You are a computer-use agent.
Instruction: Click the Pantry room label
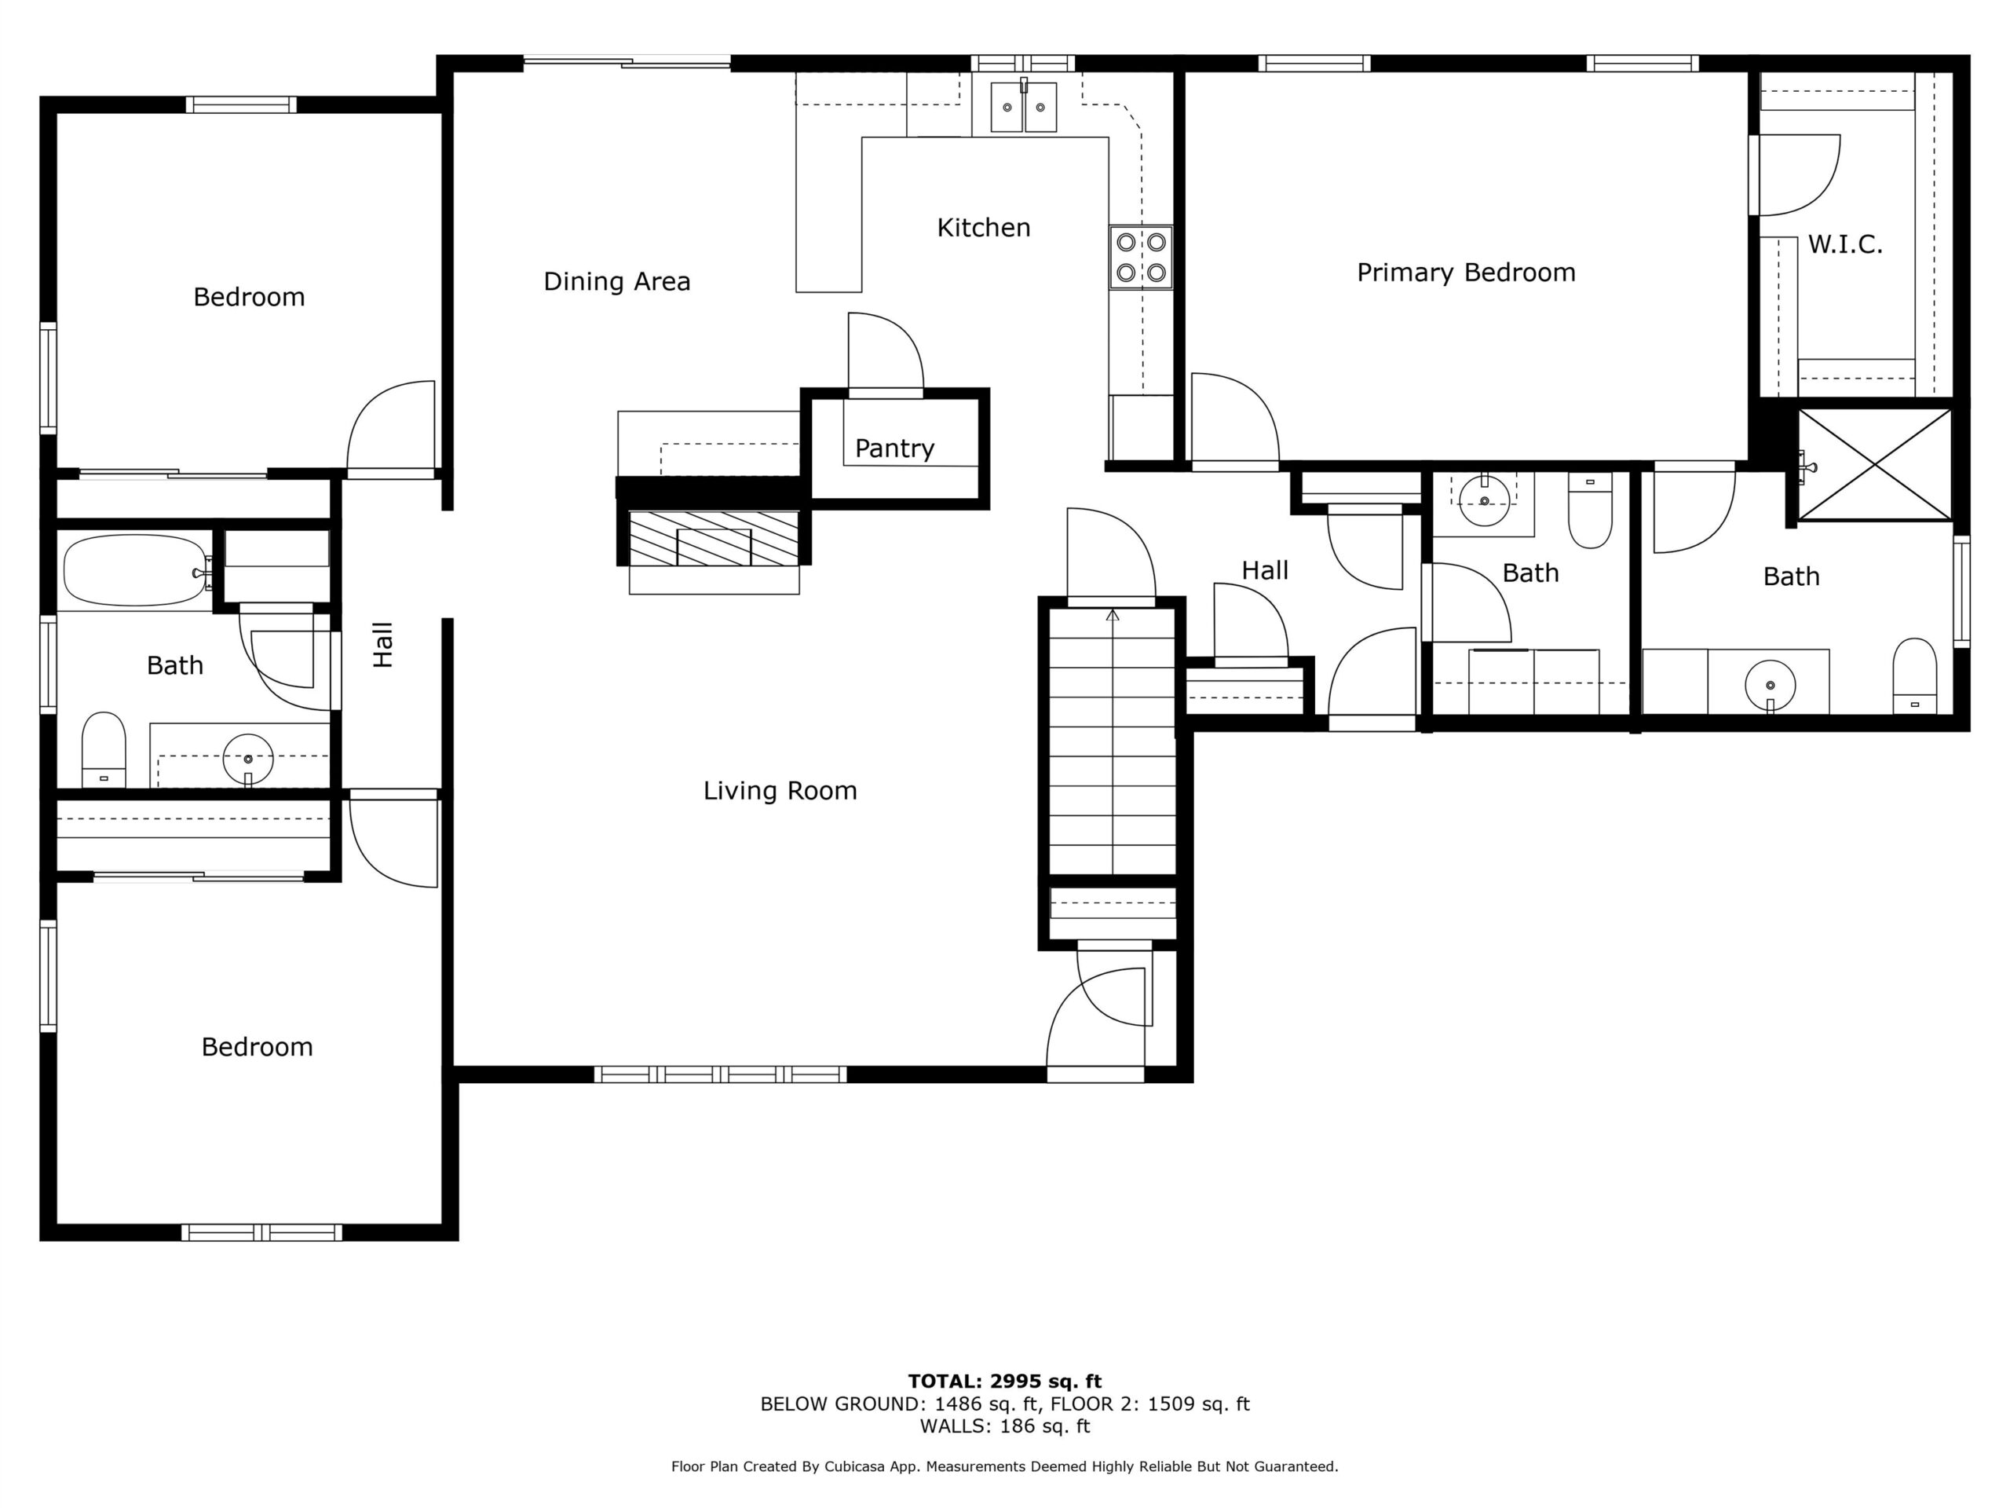click(894, 448)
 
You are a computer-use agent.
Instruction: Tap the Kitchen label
click(983, 227)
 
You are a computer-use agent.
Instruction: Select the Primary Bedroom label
click(1466, 273)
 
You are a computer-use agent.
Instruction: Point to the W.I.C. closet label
click(1844, 243)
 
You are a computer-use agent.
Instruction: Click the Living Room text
click(780, 791)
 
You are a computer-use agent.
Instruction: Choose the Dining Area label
click(617, 282)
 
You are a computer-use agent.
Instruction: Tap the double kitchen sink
click(1023, 108)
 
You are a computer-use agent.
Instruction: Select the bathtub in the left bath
click(134, 570)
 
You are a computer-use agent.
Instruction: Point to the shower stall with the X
click(1875, 464)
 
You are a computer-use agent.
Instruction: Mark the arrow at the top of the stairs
click(1113, 617)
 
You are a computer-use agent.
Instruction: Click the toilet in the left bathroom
click(104, 750)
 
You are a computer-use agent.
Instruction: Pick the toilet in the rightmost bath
click(1914, 675)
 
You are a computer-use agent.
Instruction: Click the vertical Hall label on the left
click(382, 645)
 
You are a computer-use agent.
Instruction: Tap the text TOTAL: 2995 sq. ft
click(1005, 1381)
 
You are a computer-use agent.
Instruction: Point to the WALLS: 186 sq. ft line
click(1005, 1426)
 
